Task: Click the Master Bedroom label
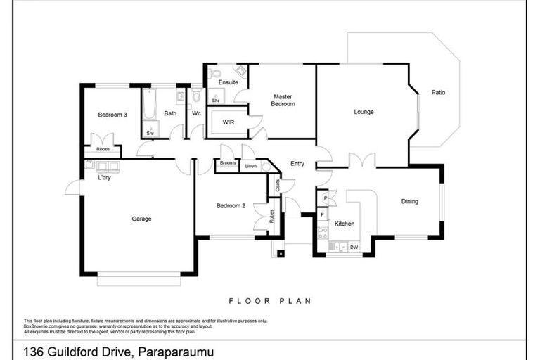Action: (283, 100)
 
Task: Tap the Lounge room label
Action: (364, 112)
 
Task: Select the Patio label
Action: (438, 92)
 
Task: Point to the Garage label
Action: (141, 219)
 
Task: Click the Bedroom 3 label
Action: (112, 114)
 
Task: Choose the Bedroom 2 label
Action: (230, 205)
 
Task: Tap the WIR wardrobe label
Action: (228, 122)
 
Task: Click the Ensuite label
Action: (229, 82)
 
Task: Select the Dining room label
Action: (409, 201)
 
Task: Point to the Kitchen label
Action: (345, 224)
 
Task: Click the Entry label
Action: (297, 164)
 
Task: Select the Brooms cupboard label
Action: (227, 164)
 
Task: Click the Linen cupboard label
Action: (251, 167)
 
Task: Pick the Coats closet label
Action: (278, 186)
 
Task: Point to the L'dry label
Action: (104, 178)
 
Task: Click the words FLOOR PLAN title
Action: (270, 300)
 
